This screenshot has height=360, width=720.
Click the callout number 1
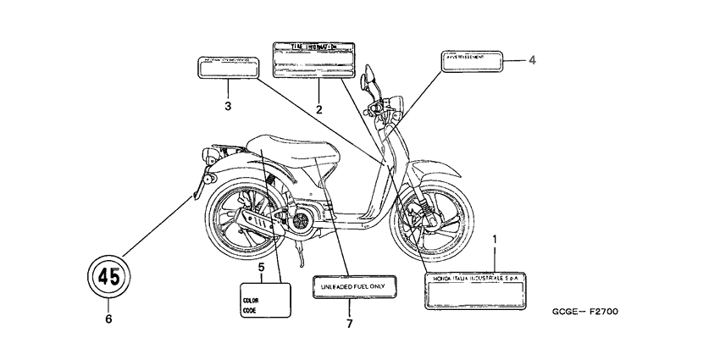pyautogui.click(x=495, y=240)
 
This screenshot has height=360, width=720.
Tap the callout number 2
pyautogui.click(x=319, y=109)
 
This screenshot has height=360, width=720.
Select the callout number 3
pyautogui.click(x=228, y=106)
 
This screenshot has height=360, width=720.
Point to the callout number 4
pyautogui.click(x=532, y=59)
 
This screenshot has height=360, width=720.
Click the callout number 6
pyautogui.click(x=108, y=319)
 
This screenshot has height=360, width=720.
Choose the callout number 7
pyautogui.click(x=348, y=324)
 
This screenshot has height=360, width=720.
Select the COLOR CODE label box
pyautogui.click(x=264, y=302)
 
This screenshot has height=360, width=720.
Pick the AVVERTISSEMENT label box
pyautogui.click(x=471, y=62)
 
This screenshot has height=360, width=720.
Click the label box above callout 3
pyautogui.click(x=228, y=67)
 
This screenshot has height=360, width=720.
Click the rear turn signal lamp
pyautogui.click(x=208, y=182)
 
